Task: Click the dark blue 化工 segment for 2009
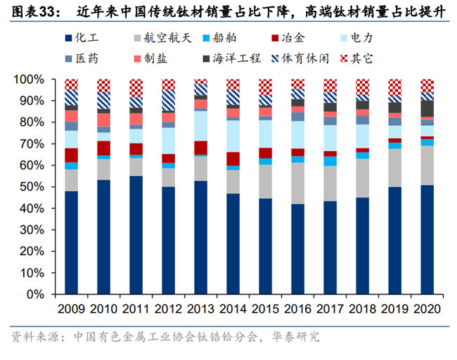tap(71, 243)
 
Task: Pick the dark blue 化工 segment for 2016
tap(297, 249)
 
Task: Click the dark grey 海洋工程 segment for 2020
tap(427, 108)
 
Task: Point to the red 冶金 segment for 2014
tap(233, 158)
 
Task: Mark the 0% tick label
tap(36, 294)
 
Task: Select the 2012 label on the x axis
tap(168, 310)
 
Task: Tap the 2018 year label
tap(362, 310)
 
